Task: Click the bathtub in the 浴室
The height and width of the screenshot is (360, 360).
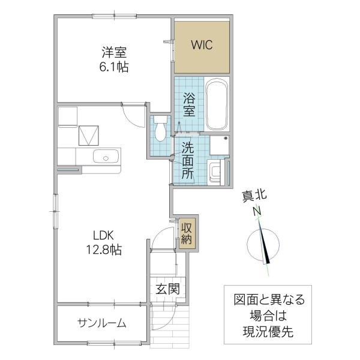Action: [216, 106]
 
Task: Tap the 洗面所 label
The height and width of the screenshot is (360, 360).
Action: [187, 161]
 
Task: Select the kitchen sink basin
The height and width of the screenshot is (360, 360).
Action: [106, 158]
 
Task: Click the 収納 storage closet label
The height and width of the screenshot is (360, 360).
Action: [187, 234]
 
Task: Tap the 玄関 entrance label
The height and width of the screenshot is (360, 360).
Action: [168, 289]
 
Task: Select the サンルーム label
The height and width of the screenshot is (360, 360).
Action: [101, 323]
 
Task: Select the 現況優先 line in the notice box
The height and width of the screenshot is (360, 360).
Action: [268, 331]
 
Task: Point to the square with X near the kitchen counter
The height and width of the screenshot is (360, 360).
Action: [90, 134]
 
